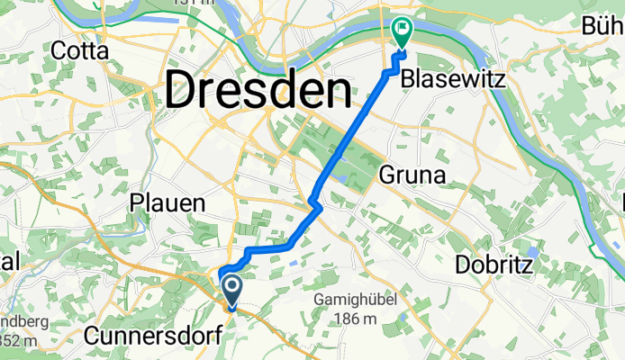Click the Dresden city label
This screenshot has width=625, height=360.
pyautogui.click(x=258, y=90)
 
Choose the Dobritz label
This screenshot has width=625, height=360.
pyautogui.click(x=494, y=265)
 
